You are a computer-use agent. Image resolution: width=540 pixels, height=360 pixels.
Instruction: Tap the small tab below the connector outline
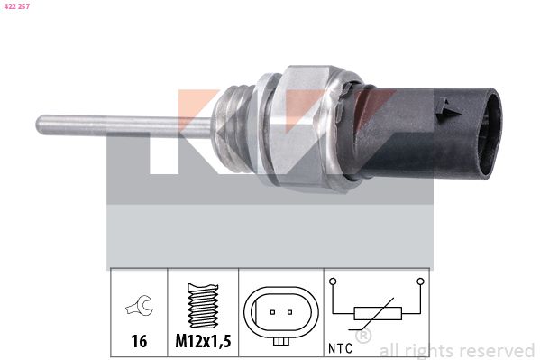point(281,340)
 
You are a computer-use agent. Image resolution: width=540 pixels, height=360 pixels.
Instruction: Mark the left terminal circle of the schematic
point(334,282)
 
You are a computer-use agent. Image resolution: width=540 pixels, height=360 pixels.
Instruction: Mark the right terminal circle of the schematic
point(419,282)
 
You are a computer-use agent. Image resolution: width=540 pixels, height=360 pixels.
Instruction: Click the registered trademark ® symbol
point(363,337)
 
